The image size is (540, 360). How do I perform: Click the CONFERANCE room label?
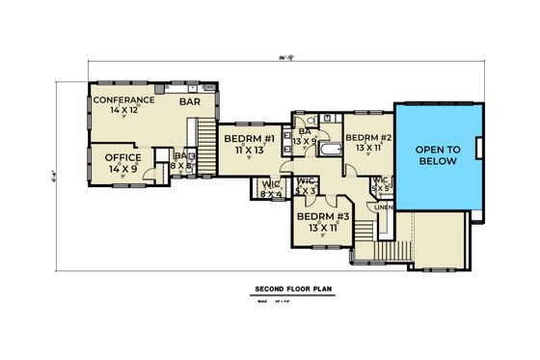coord(122,100)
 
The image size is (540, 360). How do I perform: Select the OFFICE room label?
coord(117,158)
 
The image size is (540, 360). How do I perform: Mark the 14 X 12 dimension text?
coord(122,111)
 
